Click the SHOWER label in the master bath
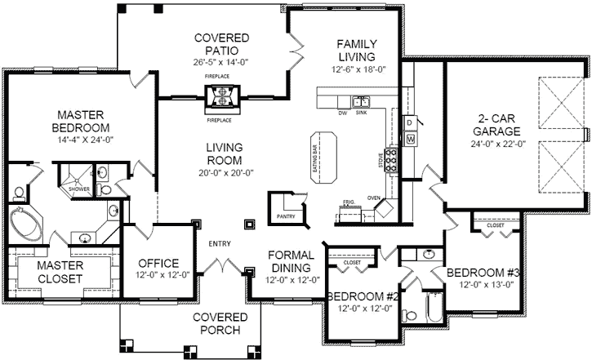pos(79,189)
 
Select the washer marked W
pos(410,140)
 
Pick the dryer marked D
pos(409,122)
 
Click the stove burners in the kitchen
pos(393,159)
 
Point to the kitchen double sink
pos(361,102)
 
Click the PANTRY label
pos(285,217)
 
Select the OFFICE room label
pos(158,263)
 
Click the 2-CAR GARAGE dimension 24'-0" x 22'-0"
pos(488,143)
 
